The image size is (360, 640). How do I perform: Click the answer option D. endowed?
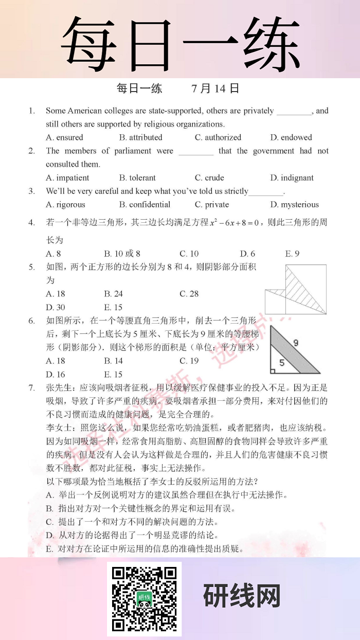(x=291, y=137)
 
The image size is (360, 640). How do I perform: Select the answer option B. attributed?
(x=140, y=137)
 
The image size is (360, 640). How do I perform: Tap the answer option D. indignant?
(x=292, y=178)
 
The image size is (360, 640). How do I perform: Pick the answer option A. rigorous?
(x=65, y=205)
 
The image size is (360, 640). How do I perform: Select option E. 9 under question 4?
(x=292, y=254)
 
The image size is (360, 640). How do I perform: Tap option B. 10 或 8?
(x=122, y=254)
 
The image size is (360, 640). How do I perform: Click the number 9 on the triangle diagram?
(x=296, y=343)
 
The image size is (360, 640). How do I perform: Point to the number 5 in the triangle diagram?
(x=281, y=362)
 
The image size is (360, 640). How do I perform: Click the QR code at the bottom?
(x=144, y=598)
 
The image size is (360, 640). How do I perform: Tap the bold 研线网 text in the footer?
(x=242, y=597)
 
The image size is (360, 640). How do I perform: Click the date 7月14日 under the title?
(x=215, y=88)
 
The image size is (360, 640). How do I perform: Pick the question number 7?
(x=32, y=387)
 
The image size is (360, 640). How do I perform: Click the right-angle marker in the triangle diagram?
(x=273, y=370)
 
